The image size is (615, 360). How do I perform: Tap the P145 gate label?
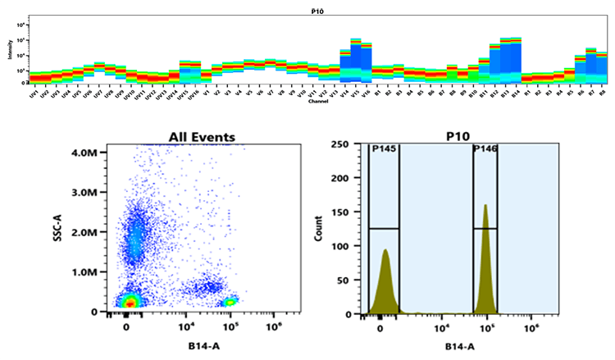[x=383, y=149]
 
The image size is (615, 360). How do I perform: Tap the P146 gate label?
[x=485, y=149]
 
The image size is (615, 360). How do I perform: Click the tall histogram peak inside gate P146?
[x=486, y=246]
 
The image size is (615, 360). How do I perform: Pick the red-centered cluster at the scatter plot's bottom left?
[x=129, y=303]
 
